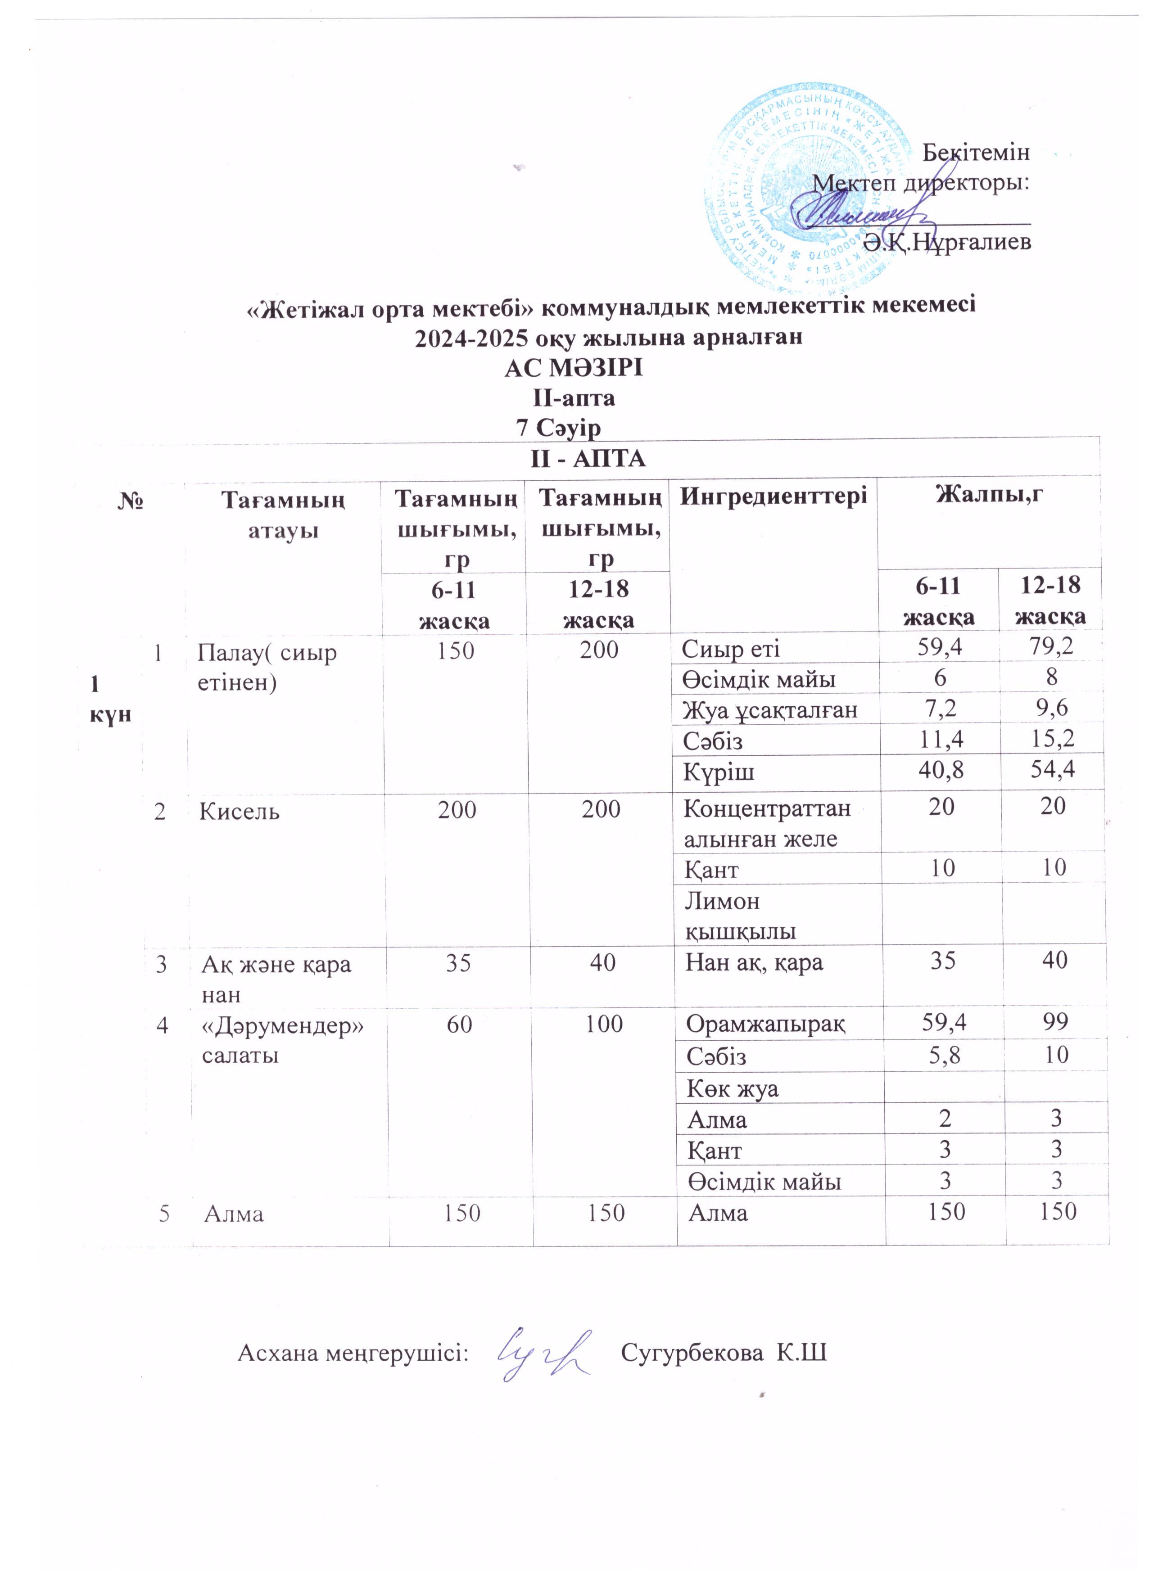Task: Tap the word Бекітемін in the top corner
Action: click(976, 152)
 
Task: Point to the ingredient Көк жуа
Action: click(733, 1088)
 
